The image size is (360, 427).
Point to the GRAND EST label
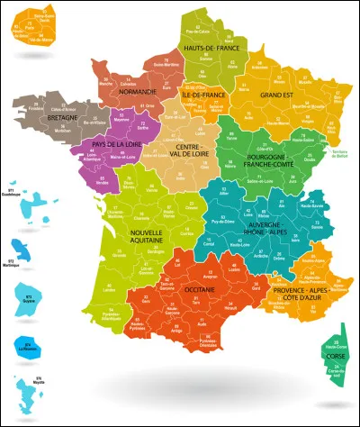pyautogui.click(x=277, y=92)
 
